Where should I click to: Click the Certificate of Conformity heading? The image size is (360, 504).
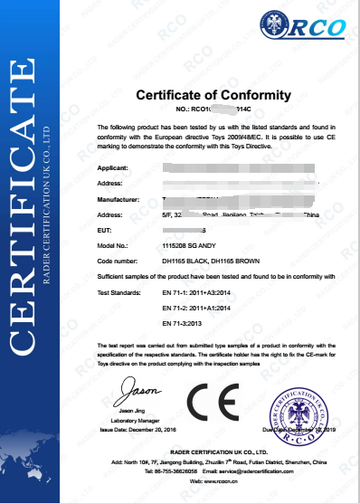click(213, 95)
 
